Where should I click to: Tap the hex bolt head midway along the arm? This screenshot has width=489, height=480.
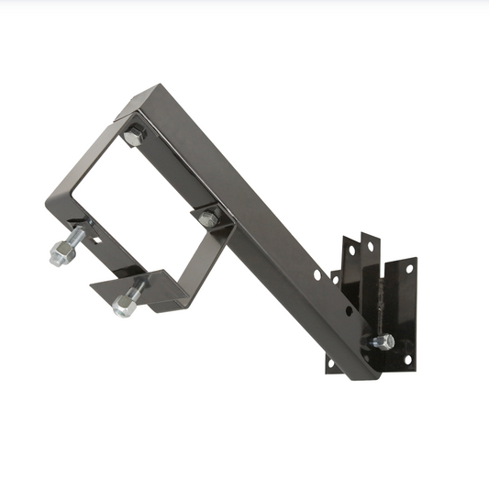tap(209, 218)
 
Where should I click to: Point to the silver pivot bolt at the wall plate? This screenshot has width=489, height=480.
tap(383, 342)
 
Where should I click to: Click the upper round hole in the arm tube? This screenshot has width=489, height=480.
tap(317, 274)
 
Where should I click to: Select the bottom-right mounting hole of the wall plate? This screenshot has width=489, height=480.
tap(408, 359)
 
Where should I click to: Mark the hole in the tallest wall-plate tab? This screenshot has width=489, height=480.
tap(370, 248)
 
